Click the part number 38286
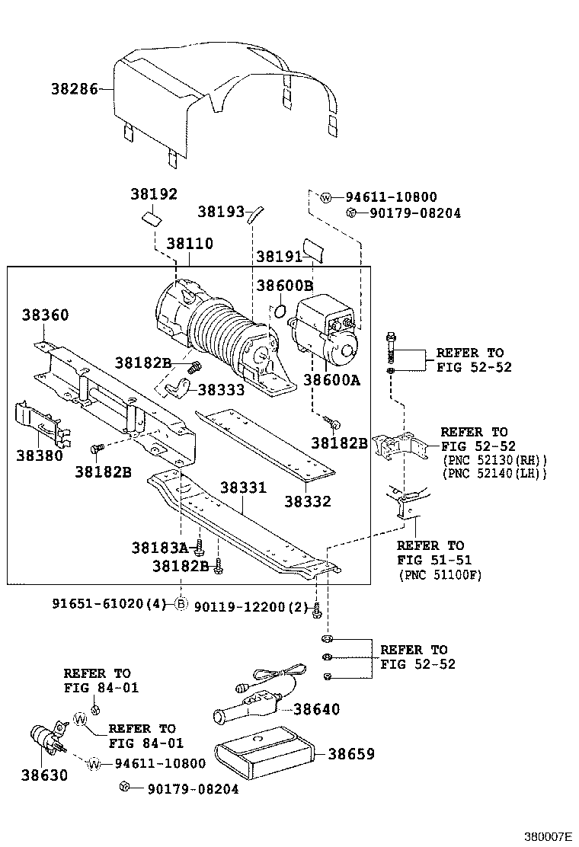pos(75,89)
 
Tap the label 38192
pos(153,194)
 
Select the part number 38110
pos(190,245)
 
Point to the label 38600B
pos(284,286)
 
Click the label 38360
pos(45,315)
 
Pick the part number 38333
pos(221,390)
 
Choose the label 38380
pos(39,455)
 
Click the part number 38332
pos(308,501)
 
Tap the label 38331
pos(244,487)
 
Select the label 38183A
pos(158,547)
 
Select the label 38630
pos(44,776)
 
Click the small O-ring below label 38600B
pos(280,310)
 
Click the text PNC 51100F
pos(440,575)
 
